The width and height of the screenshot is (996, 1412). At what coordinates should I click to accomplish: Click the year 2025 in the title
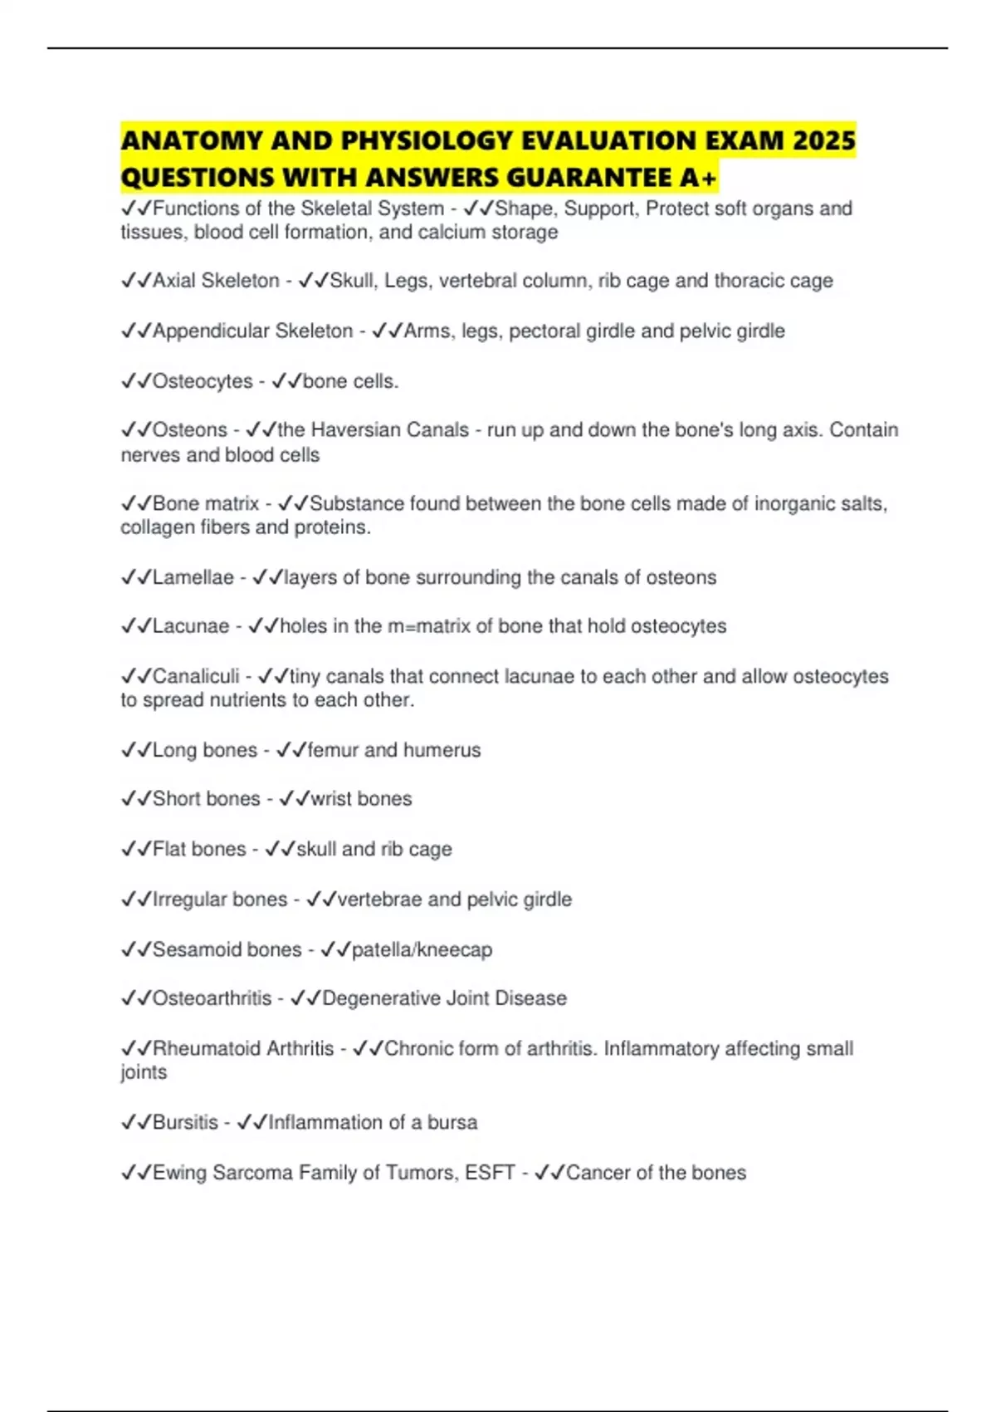click(x=823, y=140)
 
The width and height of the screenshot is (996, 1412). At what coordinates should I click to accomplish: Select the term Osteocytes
click(x=203, y=381)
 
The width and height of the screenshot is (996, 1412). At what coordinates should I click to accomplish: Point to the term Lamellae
click(x=193, y=577)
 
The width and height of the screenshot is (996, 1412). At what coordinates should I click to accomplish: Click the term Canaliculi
click(x=196, y=676)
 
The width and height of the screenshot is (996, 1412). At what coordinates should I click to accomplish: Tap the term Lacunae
click(x=191, y=626)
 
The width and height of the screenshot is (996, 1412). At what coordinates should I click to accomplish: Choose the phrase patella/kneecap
click(x=422, y=949)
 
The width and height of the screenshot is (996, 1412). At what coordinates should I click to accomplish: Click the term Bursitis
click(x=185, y=1122)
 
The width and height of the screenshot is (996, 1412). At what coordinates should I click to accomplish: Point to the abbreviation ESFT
click(x=490, y=1173)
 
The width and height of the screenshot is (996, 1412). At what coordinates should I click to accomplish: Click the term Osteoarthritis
click(x=212, y=998)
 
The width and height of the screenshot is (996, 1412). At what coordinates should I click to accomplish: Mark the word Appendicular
click(x=211, y=331)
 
